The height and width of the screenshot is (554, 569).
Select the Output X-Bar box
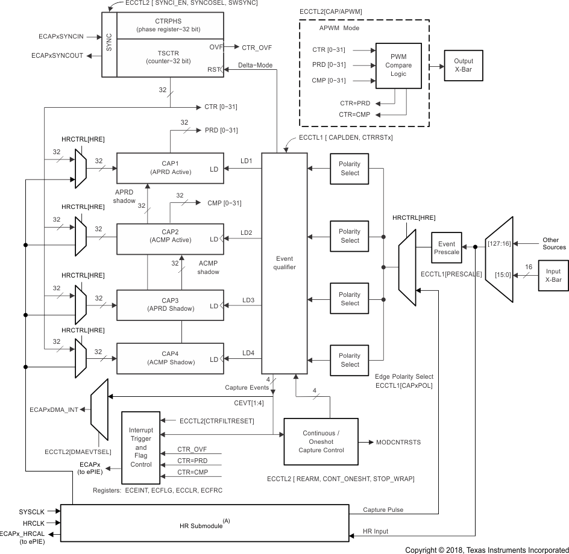464,65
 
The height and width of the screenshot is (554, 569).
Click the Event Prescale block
446,248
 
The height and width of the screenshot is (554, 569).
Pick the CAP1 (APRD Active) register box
169,168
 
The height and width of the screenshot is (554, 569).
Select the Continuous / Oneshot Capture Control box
321,442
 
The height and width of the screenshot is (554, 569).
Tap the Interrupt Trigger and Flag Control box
140,447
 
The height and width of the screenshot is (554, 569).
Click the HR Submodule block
204,523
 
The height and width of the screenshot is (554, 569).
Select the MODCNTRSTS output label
398,443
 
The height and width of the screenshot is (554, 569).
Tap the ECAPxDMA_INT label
55,409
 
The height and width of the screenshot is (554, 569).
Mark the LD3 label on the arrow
247,299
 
